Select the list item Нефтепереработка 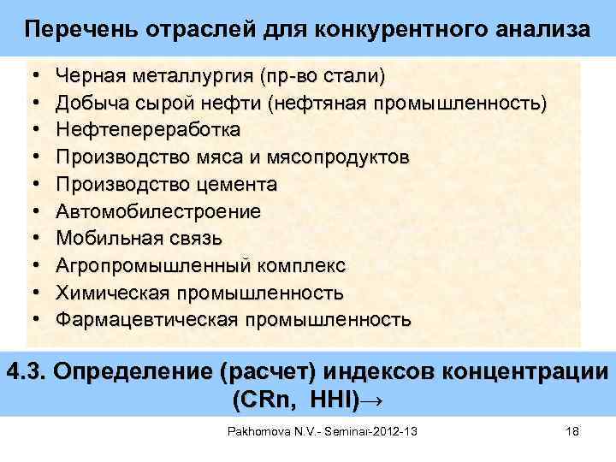tap(148, 131)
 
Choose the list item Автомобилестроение tap(159, 211)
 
